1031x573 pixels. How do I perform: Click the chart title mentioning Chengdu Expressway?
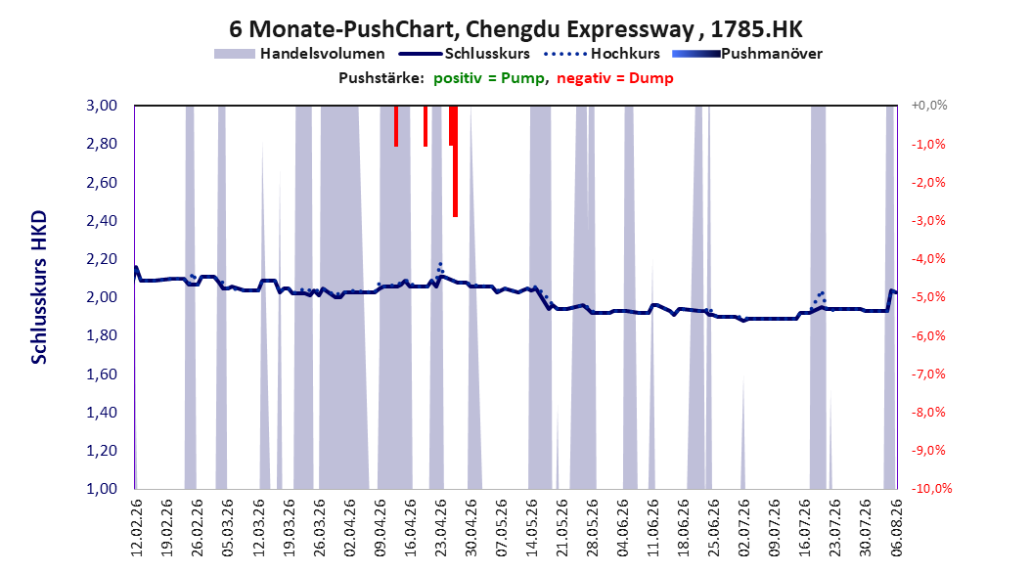[515, 29]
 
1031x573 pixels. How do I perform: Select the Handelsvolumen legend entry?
[300, 54]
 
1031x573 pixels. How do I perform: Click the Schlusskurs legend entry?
[465, 54]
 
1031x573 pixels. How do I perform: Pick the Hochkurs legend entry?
[603, 54]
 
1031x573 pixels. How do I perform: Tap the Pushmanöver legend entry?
[747, 54]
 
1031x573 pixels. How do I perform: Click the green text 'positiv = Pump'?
[489, 78]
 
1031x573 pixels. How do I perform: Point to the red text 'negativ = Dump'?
[615, 78]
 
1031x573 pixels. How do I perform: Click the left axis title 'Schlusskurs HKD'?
[39, 287]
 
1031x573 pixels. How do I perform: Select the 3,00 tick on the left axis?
[102, 106]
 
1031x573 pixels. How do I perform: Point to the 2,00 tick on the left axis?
[102, 297]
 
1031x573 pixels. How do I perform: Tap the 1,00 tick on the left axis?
[102, 489]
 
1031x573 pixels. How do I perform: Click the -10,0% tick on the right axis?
[931, 489]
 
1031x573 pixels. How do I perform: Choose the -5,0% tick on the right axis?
[928, 297]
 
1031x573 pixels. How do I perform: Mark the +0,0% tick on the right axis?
[929, 106]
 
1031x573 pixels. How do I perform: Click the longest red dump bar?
[455, 161]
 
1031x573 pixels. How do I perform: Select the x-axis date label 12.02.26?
[137, 528]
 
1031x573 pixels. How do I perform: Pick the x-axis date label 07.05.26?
[501, 528]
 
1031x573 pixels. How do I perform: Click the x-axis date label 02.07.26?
[743, 528]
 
